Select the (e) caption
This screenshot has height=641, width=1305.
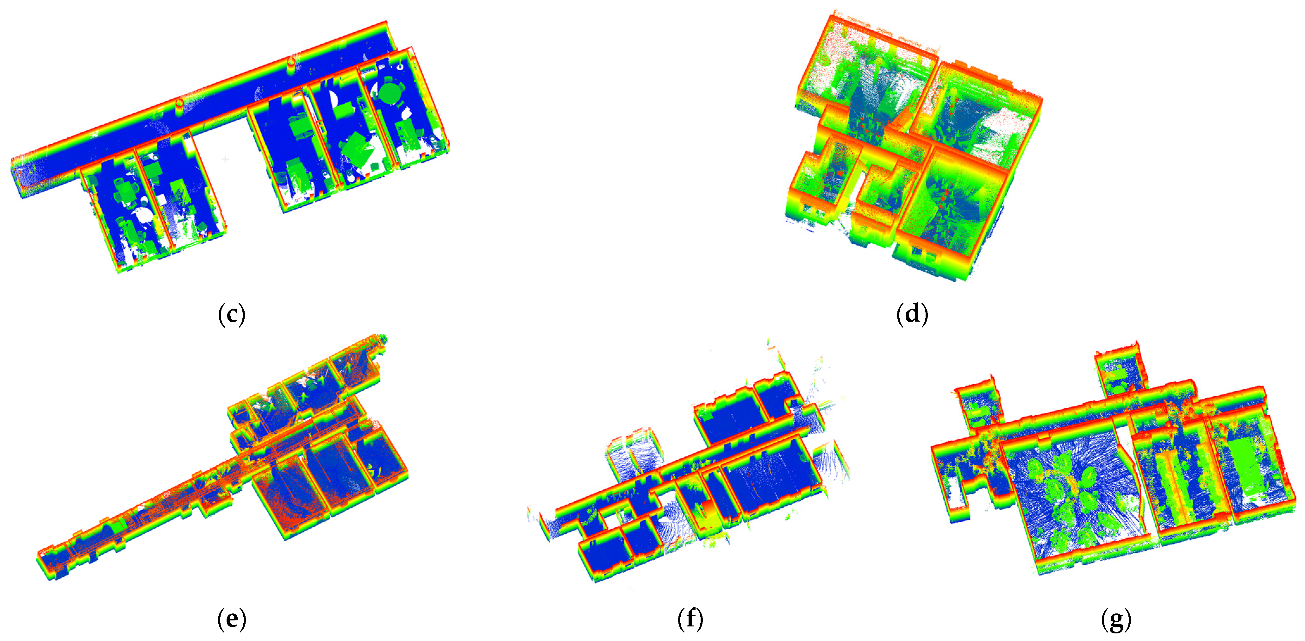[x=232, y=619]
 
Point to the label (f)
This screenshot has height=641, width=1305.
[x=690, y=619]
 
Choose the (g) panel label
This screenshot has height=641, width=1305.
[x=1116, y=619]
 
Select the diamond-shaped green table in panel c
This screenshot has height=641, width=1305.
[x=357, y=147]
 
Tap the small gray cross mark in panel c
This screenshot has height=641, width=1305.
[x=225, y=160]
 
